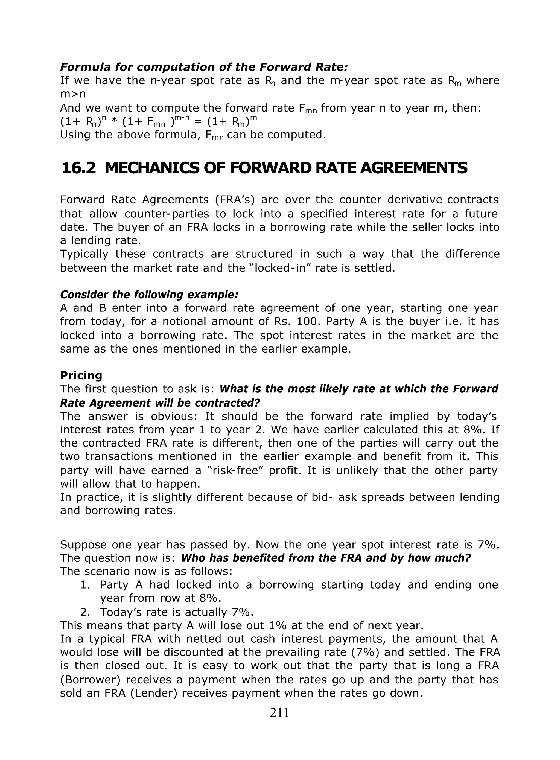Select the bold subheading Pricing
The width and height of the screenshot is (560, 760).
point(81,375)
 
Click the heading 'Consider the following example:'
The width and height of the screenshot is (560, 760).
point(149,294)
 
